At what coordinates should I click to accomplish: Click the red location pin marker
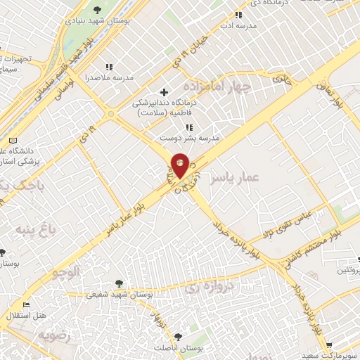(180, 165)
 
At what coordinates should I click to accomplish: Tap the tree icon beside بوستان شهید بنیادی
(96, 9)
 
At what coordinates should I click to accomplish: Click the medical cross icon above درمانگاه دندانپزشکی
(165, 92)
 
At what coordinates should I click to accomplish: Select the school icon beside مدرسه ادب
(238, 14)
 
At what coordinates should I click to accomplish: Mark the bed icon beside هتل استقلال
(26, 305)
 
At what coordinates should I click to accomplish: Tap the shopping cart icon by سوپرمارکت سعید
(329, 345)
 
